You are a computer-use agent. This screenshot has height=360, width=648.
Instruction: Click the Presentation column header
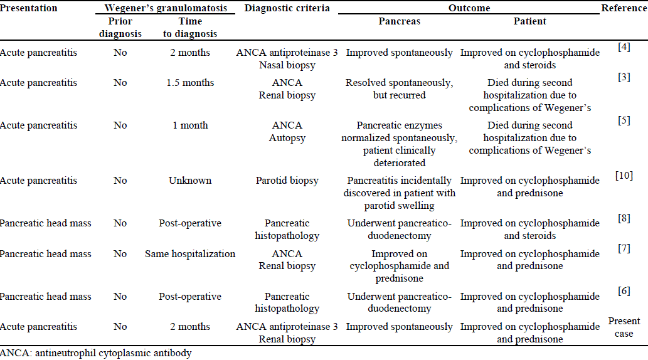coord(29,8)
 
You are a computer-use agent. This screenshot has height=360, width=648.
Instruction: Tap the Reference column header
coord(624,8)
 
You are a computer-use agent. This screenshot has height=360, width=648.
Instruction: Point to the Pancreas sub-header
coord(399,21)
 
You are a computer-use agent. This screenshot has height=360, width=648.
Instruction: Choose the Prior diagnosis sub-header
coord(120,28)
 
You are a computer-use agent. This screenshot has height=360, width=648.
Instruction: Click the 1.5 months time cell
coord(190,83)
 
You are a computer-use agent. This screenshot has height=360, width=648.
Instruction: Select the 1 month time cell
coord(190,125)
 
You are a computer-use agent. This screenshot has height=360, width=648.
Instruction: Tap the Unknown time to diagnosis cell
coord(190,181)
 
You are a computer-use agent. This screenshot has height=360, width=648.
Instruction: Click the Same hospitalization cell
coord(190,254)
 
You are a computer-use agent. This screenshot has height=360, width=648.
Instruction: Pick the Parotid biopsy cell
coord(287,181)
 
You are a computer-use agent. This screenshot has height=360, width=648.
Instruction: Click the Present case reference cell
coord(624,327)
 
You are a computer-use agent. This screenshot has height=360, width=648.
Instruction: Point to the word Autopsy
coord(287,138)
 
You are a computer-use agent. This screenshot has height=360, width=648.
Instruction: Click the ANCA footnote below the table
coord(96,353)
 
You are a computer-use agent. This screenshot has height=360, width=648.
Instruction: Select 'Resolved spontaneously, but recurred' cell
coord(399,89)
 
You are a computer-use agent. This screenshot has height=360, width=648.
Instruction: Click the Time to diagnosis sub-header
coord(190,28)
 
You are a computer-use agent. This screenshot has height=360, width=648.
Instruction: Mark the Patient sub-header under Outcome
coord(530,21)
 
